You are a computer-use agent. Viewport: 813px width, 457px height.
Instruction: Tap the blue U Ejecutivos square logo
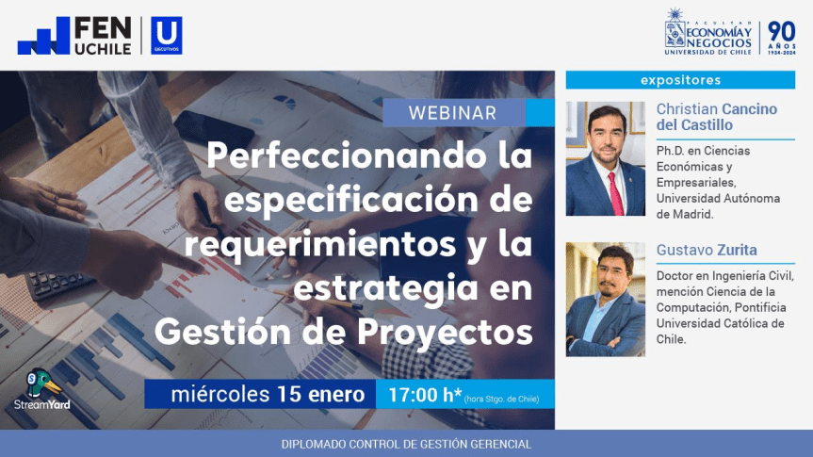click(167, 36)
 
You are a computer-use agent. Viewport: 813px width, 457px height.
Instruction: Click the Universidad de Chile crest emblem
click(676, 31)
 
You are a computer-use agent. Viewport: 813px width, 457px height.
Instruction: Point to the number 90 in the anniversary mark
click(782, 31)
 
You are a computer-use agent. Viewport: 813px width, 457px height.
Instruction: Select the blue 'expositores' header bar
click(680, 80)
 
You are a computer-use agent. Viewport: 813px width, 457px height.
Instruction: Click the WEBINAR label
click(452, 113)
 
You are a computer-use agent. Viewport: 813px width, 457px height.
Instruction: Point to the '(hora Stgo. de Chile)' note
click(501, 399)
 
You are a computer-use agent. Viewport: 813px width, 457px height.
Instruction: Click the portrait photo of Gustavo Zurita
click(605, 300)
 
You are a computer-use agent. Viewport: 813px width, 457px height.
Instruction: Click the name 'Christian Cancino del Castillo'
click(716, 117)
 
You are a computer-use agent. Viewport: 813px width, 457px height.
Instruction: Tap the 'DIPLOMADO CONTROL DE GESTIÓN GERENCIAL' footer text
click(406, 444)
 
